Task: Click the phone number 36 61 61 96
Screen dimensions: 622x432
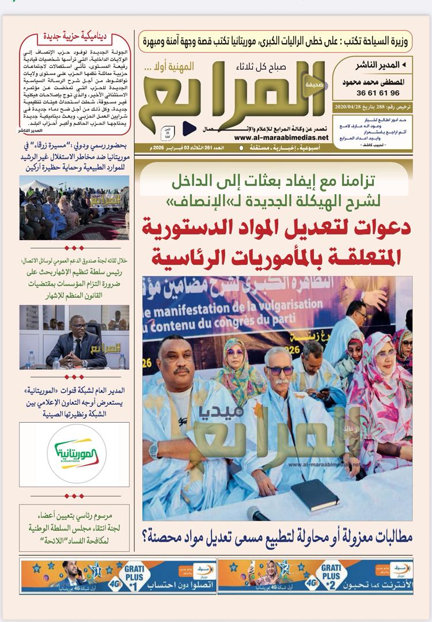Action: (x=378, y=93)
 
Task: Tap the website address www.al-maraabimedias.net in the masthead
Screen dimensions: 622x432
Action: (x=281, y=138)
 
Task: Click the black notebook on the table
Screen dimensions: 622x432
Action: (x=314, y=494)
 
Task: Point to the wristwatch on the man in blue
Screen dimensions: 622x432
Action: (x=153, y=449)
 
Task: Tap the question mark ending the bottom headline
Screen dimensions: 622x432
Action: (x=144, y=538)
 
